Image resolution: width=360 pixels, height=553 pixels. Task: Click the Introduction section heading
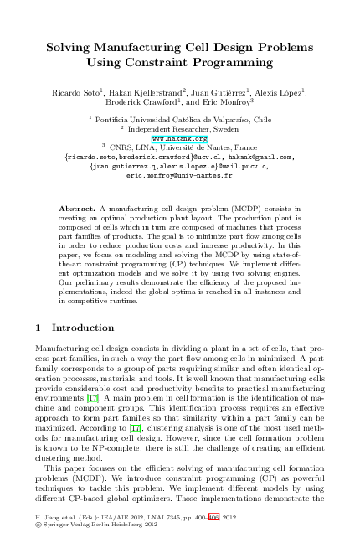click(81, 328)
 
